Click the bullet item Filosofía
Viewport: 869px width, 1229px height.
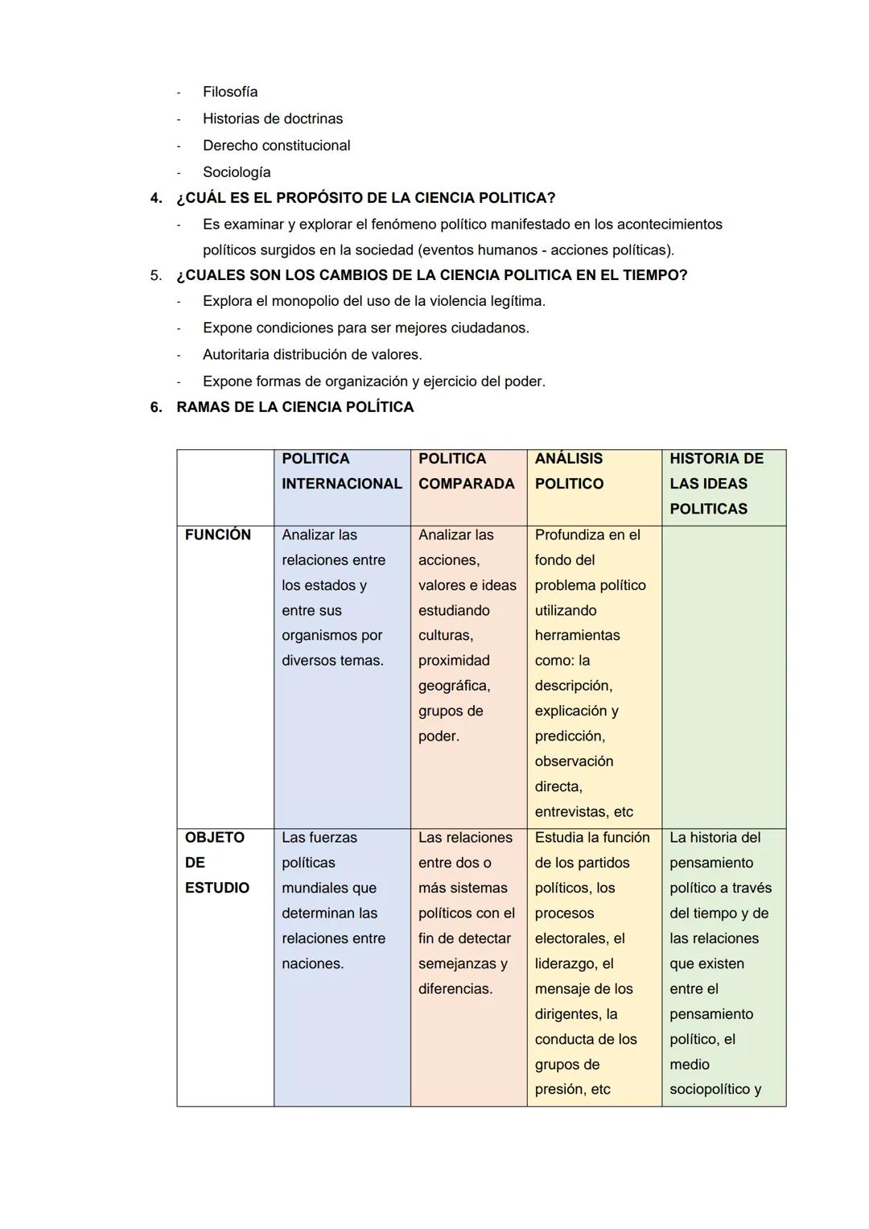click(x=230, y=92)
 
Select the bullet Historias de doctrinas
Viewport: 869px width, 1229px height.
click(x=272, y=118)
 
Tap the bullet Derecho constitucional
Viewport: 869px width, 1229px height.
click(x=276, y=145)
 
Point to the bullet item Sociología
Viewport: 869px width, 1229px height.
click(x=237, y=171)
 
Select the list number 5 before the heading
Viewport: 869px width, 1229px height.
click(x=156, y=275)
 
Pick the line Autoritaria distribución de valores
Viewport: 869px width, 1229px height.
click(x=312, y=354)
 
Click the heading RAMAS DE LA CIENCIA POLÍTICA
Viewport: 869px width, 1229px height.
click(x=294, y=407)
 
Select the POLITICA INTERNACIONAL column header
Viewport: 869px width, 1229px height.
click(x=341, y=471)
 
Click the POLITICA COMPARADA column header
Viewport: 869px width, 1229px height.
click(x=466, y=471)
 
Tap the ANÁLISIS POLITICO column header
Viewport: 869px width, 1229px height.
click(x=569, y=471)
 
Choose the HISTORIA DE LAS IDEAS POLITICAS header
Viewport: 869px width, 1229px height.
click(x=716, y=483)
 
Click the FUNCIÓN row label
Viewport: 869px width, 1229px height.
click(x=217, y=534)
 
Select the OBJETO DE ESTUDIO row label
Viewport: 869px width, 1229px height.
click(x=216, y=862)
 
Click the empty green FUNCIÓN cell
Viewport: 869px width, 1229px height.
click(x=723, y=676)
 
